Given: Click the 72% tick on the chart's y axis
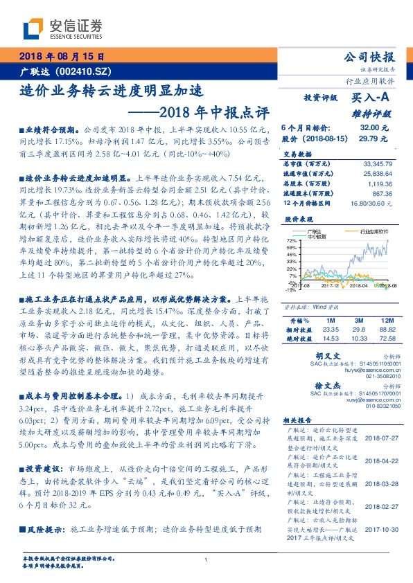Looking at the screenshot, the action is coord(292,240).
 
